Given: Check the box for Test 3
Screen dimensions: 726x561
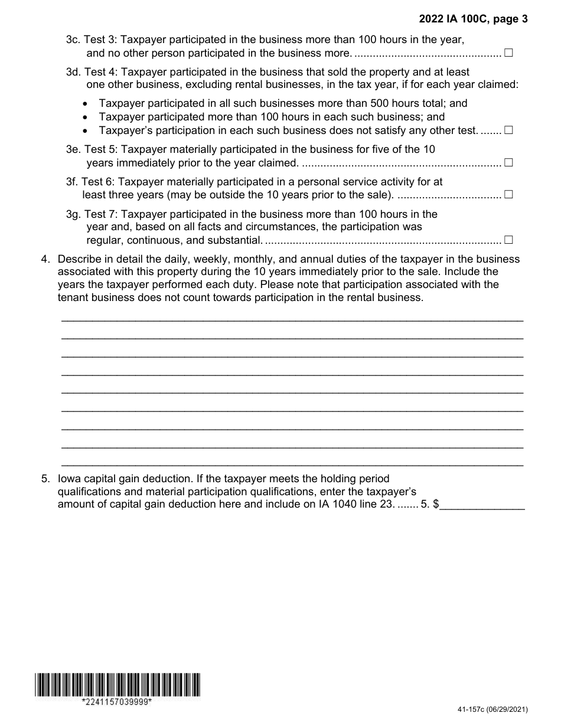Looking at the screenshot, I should coord(508,53).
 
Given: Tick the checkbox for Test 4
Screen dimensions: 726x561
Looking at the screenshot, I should coord(508,130).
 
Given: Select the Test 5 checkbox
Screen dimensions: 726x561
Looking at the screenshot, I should coord(508,162).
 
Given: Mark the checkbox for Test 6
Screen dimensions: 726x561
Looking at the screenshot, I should coord(508,194).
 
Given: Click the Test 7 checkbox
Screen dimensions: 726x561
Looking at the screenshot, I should coord(508,240).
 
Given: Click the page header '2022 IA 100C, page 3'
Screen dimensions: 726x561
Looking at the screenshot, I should coord(473,19).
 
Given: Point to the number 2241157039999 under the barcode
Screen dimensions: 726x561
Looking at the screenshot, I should coord(117,702).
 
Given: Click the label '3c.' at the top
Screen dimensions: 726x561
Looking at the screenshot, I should coord(73,40).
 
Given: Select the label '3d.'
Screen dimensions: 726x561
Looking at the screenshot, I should coord(73,71).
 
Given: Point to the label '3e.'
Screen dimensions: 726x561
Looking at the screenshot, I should coord(73,149).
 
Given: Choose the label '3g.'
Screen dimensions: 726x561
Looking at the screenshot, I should coord(73,214).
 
